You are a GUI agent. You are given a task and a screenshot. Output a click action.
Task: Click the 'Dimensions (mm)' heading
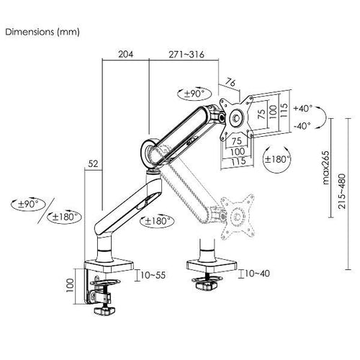[x=42, y=32]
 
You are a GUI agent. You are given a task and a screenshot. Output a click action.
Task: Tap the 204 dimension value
[x=125, y=54]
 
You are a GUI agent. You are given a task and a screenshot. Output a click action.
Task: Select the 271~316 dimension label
[x=186, y=55]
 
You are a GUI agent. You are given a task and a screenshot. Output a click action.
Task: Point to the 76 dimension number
[x=230, y=83]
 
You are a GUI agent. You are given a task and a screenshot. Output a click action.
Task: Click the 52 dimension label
[x=93, y=163]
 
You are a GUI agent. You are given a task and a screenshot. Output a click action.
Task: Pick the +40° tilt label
[x=303, y=109]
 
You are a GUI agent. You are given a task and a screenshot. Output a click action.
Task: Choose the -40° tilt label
[x=302, y=125]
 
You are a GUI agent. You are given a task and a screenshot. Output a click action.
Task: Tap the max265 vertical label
[x=325, y=168]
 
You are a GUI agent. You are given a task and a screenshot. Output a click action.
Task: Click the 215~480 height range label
[x=342, y=192]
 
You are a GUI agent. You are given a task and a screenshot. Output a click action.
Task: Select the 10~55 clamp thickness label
[x=153, y=275]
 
